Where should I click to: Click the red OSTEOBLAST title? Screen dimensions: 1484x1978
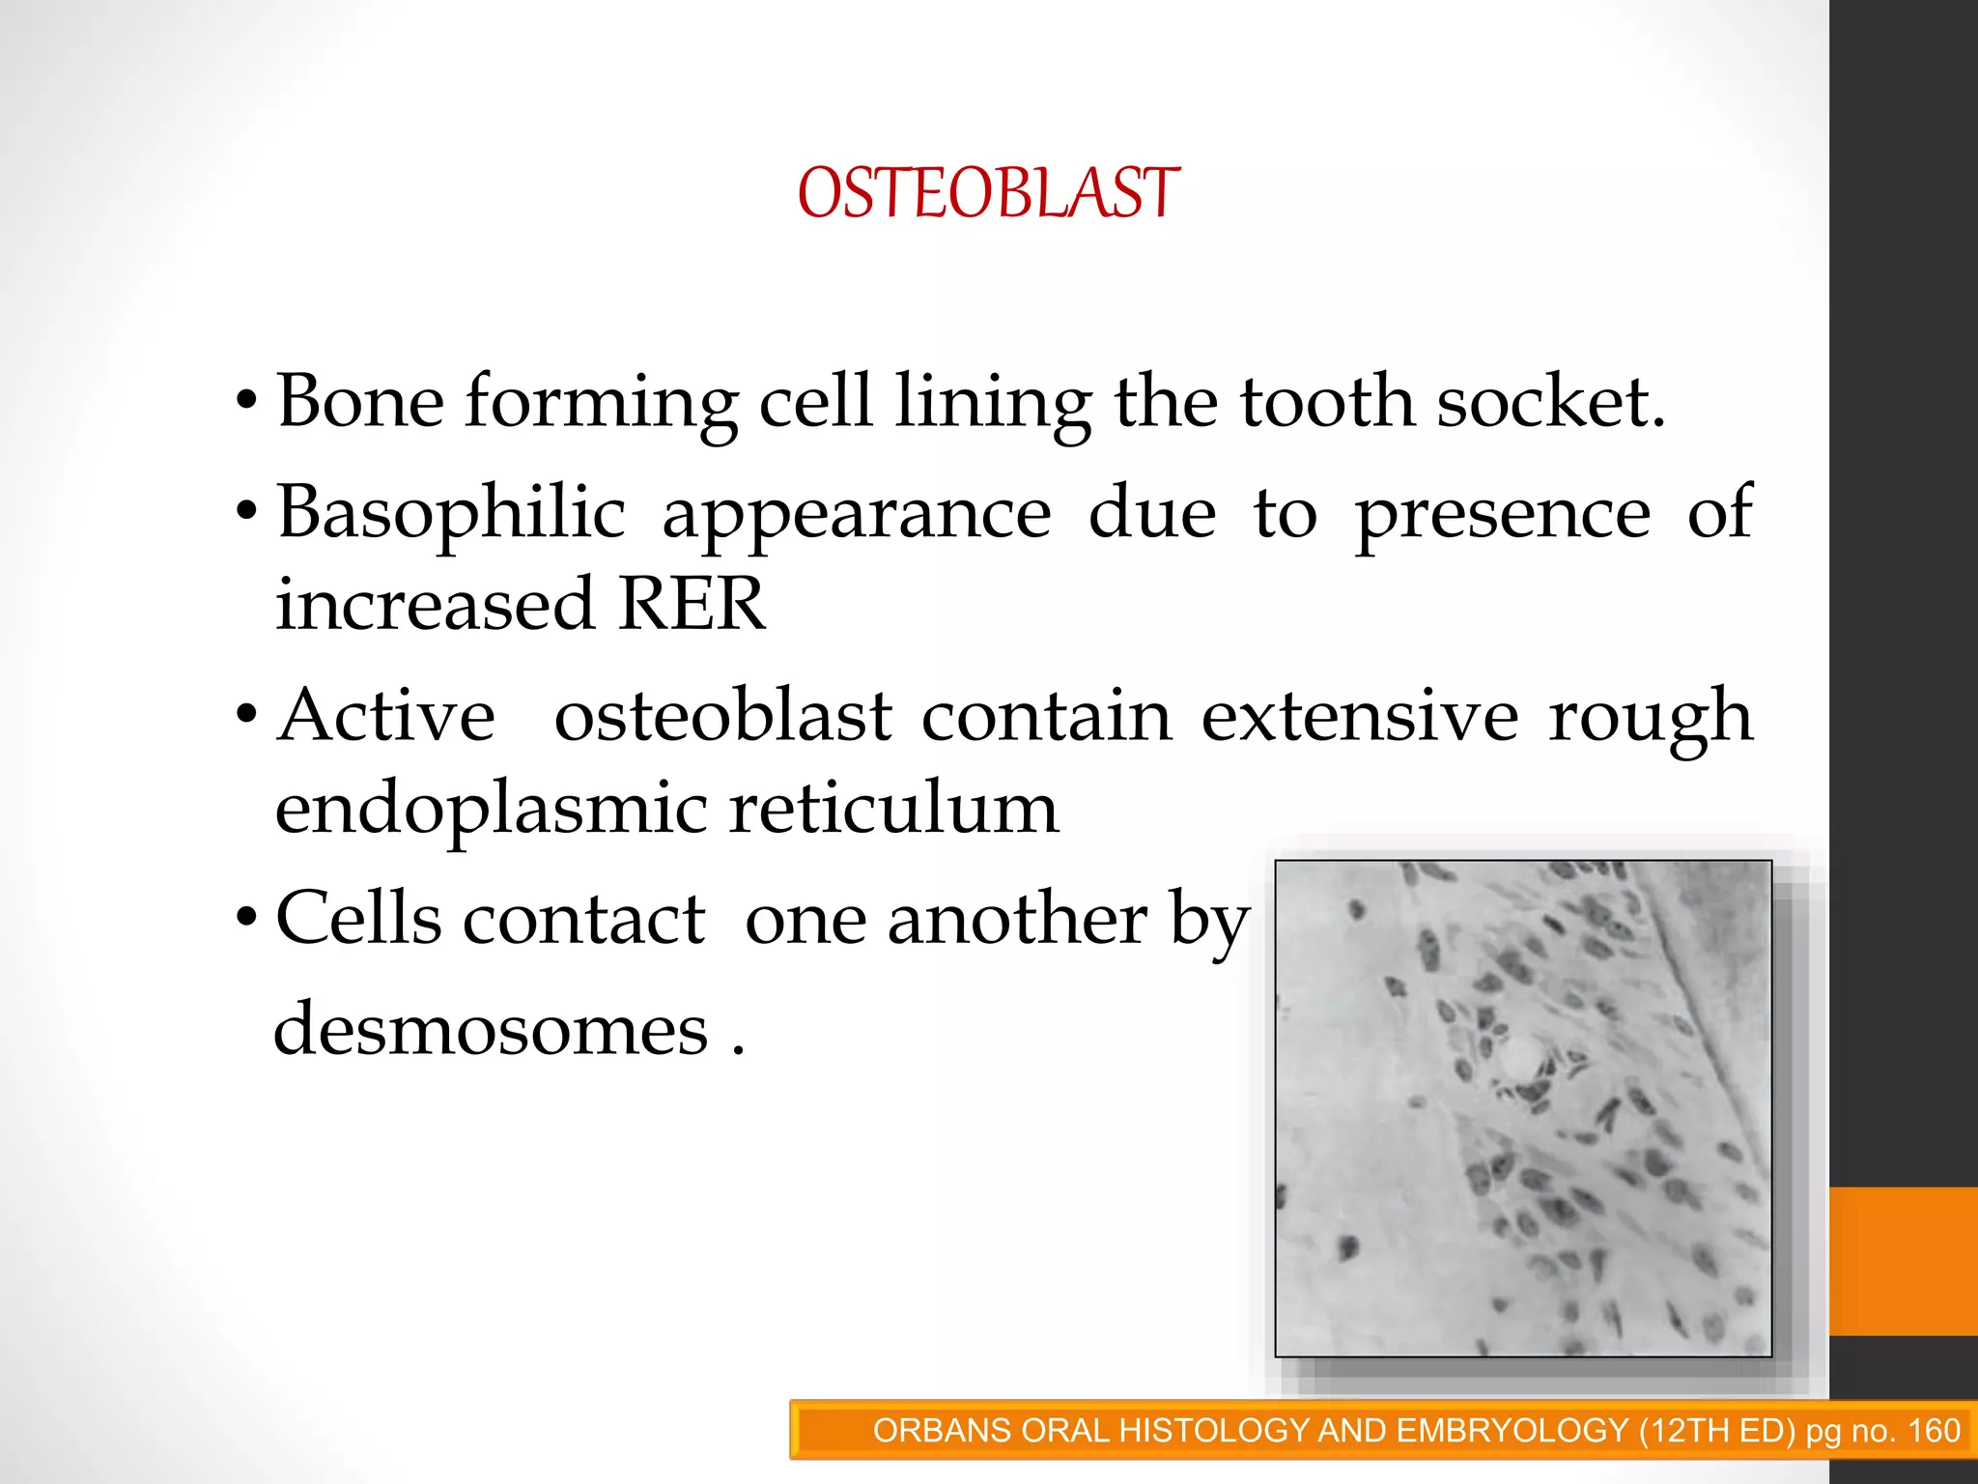(x=987, y=193)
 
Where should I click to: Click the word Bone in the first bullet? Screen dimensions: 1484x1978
(x=360, y=401)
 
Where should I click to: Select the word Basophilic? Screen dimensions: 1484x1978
(x=451, y=513)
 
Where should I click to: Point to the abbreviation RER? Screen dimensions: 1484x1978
(x=691, y=605)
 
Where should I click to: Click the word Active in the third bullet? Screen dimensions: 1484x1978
(x=386, y=717)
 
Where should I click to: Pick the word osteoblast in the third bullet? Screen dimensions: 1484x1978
(x=722, y=717)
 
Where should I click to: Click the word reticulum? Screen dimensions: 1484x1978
(x=893, y=809)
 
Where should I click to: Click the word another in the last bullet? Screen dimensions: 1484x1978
(x=1017, y=920)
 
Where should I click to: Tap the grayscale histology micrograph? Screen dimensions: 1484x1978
(x=1523, y=1108)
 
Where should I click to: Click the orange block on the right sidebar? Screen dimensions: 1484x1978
(x=1903, y=1261)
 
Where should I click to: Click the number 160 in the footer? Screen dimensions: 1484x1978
(x=1934, y=1431)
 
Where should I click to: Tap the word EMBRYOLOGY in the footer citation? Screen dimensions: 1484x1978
(x=1512, y=1431)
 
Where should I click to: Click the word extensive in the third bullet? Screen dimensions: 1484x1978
(x=1360, y=717)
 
